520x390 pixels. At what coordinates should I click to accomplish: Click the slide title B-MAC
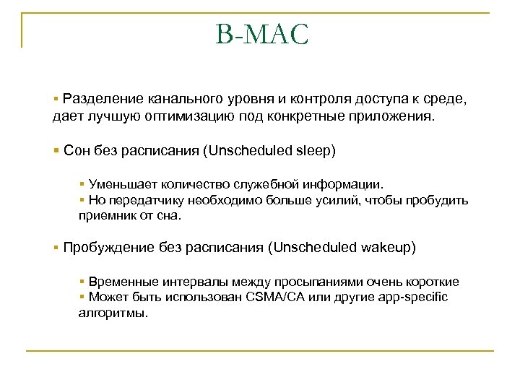coord(261,35)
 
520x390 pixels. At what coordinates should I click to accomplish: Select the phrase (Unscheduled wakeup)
coord(342,248)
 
